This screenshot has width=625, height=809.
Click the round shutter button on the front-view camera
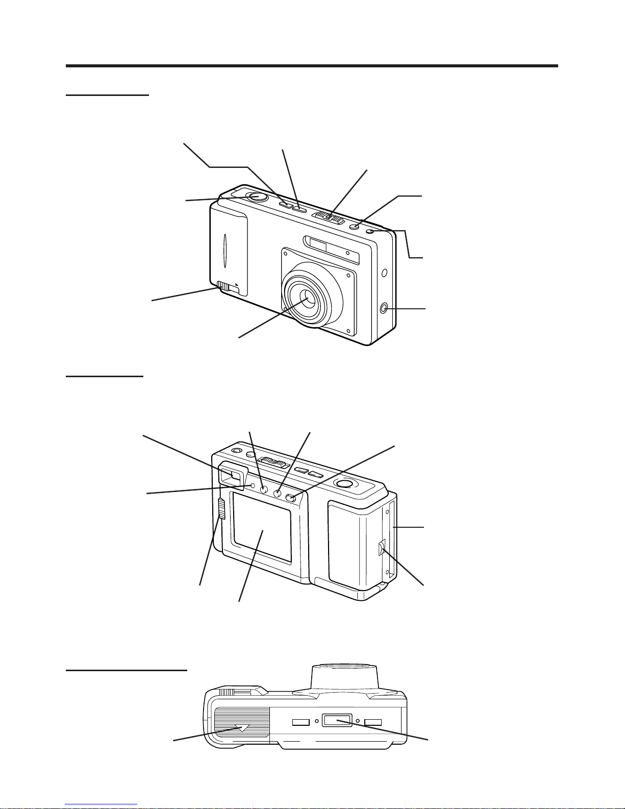pos(256,197)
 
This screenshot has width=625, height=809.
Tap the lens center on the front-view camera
pos(308,298)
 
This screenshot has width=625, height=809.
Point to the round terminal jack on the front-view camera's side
pos(384,308)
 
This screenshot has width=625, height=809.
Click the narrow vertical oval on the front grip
pos(224,252)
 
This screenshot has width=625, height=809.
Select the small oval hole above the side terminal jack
pos(385,272)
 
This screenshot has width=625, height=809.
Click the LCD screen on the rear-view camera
pos(262,528)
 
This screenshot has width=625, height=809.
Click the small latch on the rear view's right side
pos(381,549)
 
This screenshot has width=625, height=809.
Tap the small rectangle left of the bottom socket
pos(301,722)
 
